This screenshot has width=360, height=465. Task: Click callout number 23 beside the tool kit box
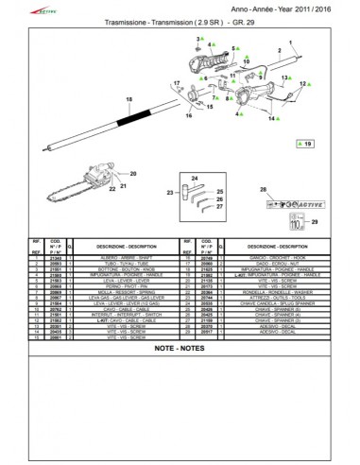tap(171, 192)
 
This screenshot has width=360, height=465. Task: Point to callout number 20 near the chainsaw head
tap(133, 174)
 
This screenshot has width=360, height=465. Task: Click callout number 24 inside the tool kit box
tap(194, 179)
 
